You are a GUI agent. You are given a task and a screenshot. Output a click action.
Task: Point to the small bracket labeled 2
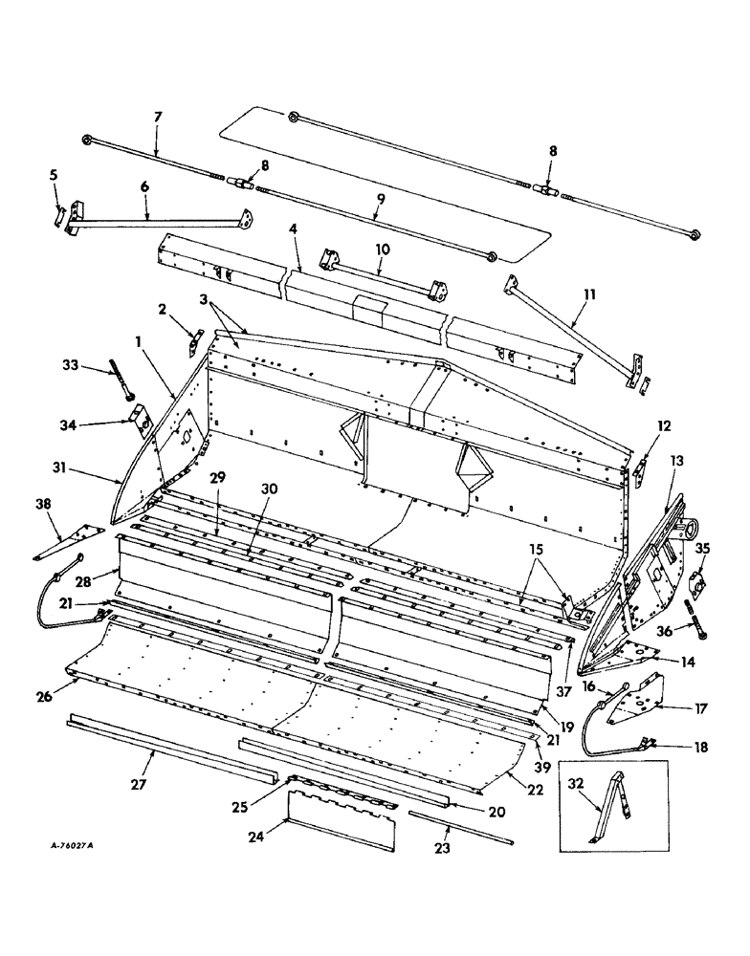(196, 342)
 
